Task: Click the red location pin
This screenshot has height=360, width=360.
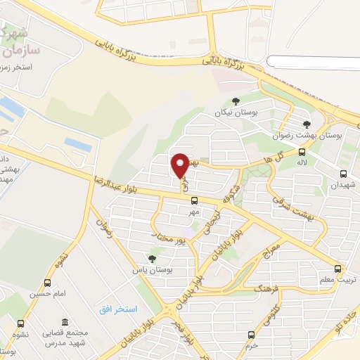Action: point(180,165)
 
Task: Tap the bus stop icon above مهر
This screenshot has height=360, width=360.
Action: point(194,200)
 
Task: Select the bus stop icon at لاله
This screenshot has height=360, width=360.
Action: point(302,152)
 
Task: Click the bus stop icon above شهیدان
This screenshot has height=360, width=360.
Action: point(343,174)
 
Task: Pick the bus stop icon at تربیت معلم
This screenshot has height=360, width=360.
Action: point(338,269)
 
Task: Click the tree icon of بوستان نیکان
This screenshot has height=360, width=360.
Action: point(236,101)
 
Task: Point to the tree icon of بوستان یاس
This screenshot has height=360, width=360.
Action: point(151,259)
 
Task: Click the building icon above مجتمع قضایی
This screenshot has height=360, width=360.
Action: point(65,321)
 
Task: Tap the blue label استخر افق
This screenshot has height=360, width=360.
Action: point(117,309)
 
